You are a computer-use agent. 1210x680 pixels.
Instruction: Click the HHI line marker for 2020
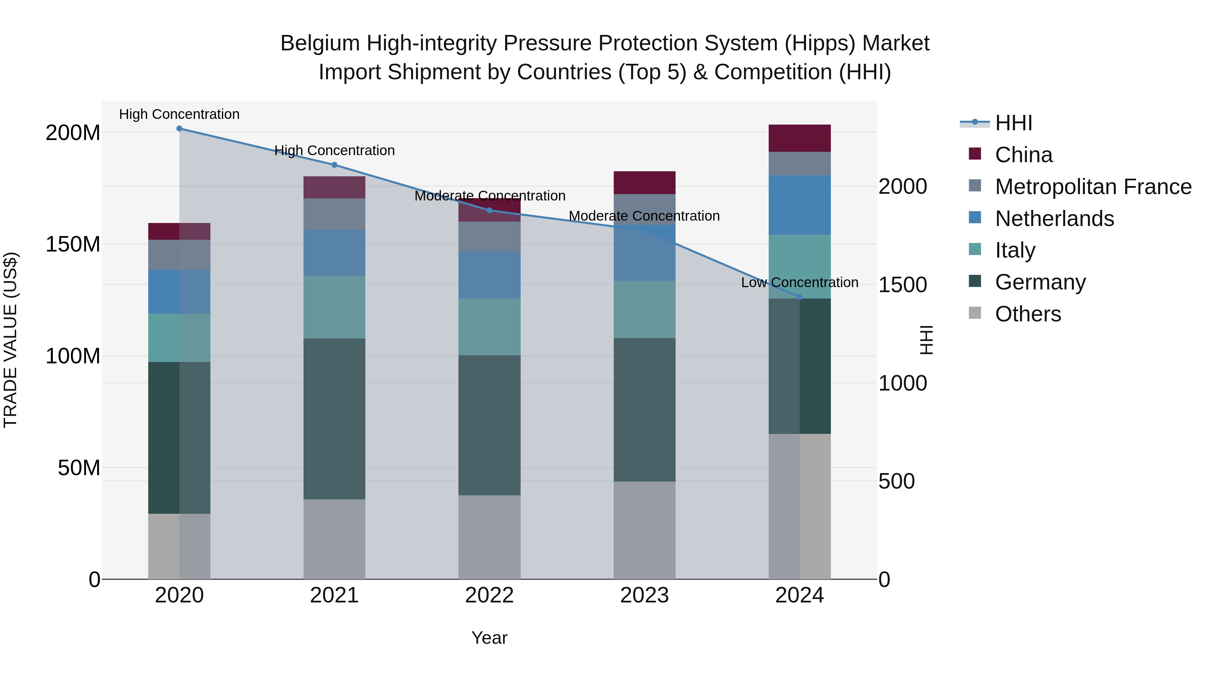(x=179, y=129)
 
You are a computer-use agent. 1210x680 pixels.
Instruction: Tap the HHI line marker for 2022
(x=489, y=210)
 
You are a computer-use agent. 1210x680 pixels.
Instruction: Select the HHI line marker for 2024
(x=800, y=297)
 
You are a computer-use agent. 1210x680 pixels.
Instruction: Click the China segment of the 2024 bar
(x=800, y=138)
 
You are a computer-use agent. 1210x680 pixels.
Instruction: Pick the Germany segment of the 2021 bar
(x=334, y=419)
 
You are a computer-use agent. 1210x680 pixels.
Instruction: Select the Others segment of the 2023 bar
(x=644, y=530)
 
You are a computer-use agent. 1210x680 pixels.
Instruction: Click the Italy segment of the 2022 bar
(x=489, y=327)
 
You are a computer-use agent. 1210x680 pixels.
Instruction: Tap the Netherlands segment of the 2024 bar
(x=800, y=205)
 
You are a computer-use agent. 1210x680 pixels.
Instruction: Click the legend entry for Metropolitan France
(x=1093, y=187)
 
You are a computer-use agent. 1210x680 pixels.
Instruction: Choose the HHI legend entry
(x=1013, y=123)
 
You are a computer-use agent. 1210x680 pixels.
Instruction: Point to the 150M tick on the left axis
(x=73, y=244)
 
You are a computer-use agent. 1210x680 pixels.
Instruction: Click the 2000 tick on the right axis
(x=902, y=187)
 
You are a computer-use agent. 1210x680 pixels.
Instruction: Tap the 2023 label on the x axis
(x=644, y=595)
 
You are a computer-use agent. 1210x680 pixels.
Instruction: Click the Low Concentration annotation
(x=800, y=282)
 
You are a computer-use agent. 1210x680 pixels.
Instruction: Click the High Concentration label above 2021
(x=334, y=151)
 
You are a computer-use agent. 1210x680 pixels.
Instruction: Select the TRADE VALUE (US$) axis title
(x=10, y=340)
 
